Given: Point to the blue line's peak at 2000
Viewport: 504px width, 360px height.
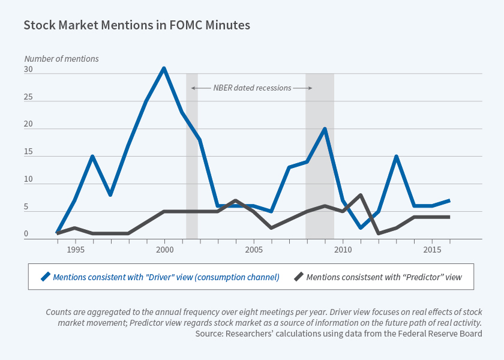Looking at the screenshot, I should (164, 68).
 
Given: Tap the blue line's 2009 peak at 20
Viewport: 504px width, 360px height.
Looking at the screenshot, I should (325, 129).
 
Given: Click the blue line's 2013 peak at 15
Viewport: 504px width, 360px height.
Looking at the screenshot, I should (396, 157).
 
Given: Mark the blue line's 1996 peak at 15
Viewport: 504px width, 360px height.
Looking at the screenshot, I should (92, 157).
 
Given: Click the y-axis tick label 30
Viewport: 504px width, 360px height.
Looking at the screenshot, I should (28, 70).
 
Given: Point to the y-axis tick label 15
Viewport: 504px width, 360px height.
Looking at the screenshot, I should (28, 152).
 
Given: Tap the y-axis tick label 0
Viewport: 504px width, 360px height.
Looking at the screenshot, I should (26, 235).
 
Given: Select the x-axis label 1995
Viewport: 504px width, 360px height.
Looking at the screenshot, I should (74, 249).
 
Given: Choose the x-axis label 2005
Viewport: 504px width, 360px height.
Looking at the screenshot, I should (253, 249).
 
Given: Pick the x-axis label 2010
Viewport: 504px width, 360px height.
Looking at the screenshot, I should (343, 249).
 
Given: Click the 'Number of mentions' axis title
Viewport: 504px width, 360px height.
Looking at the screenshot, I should (61, 59).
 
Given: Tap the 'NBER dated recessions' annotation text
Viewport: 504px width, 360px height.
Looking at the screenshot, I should (252, 88).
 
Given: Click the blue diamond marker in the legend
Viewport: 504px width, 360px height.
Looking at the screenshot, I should (44, 277).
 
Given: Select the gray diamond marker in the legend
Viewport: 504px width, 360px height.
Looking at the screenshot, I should (298, 277).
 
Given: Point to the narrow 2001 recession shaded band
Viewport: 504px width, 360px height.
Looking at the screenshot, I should (192, 156).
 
